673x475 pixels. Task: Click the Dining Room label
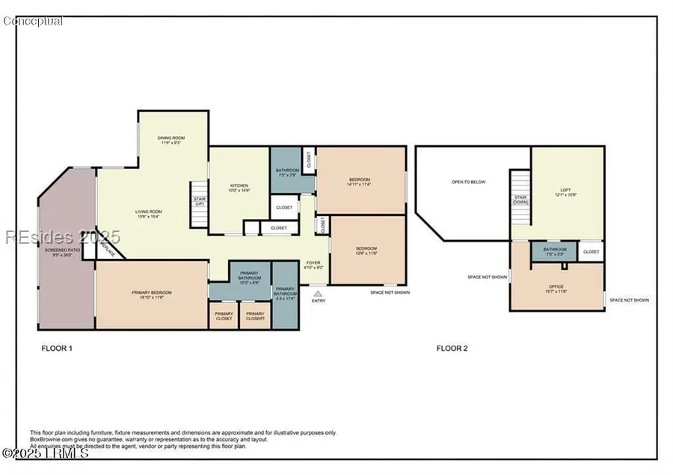170,141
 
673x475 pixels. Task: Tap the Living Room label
148,215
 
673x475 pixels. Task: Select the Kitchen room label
239,189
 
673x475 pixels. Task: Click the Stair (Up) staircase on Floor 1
199,203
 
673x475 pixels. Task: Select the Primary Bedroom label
152,295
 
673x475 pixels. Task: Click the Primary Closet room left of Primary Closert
224,316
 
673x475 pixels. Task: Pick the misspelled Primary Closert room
255,316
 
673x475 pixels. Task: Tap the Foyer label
314,266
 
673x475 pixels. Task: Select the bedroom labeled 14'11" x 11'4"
360,182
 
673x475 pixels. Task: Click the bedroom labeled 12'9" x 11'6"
366,251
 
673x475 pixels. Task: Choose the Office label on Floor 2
557,288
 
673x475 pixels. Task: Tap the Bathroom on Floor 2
555,251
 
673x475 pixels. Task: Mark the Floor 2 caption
452,348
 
